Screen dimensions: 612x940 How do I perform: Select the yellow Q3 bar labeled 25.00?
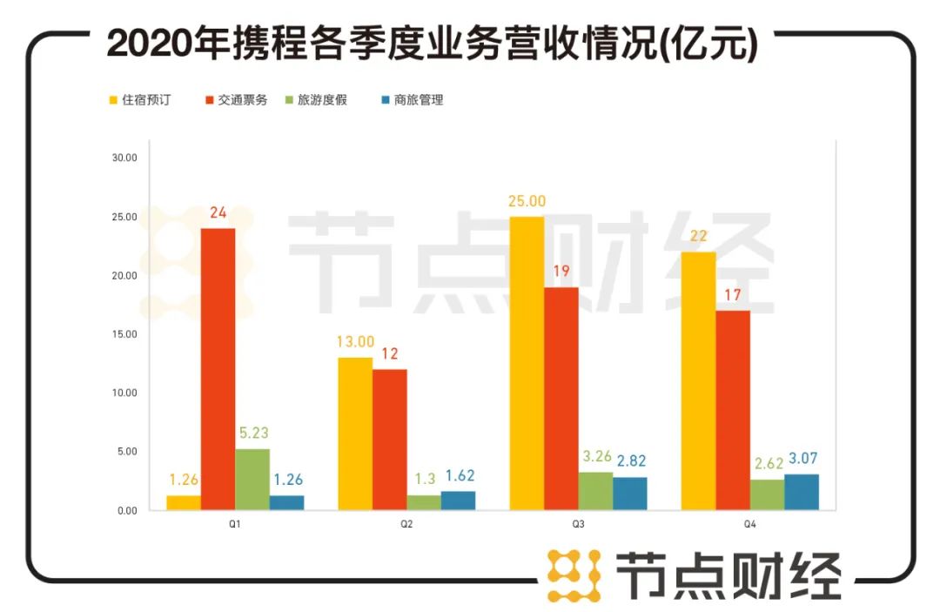point(527,363)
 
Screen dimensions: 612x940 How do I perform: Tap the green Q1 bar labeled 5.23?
point(252,479)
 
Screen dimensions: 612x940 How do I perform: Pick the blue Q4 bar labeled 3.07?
point(802,492)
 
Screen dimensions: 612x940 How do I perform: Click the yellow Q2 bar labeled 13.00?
point(355,434)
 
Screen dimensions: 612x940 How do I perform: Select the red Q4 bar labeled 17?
point(733,410)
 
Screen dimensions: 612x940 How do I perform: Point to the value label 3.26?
point(595,457)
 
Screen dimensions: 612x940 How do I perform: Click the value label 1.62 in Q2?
point(459,476)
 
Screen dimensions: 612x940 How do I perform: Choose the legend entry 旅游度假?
point(322,100)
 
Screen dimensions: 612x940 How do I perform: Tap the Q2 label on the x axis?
point(406,525)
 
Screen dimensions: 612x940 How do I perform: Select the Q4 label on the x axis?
point(750,525)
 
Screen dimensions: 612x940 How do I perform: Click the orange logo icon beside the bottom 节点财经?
point(574,575)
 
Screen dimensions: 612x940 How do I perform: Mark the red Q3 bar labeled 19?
point(561,398)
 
